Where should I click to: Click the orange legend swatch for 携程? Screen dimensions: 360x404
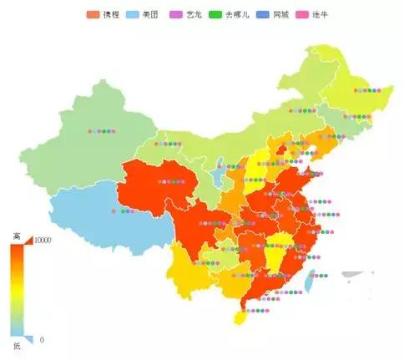[x=93, y=15]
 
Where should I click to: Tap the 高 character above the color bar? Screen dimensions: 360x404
[x=17, y=236]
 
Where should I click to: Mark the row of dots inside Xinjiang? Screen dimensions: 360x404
[x=102, y=130]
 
